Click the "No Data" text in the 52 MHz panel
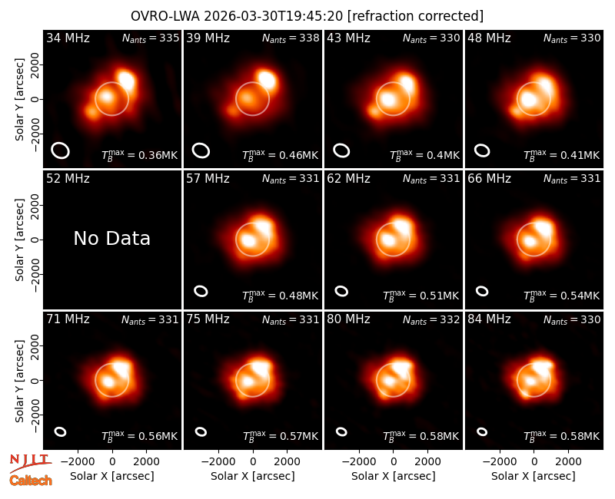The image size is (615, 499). pos(111,238)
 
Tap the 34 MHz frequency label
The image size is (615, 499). pos(68,38)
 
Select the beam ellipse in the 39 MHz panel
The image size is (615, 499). pos(201,150)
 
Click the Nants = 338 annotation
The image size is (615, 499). pos(291,38)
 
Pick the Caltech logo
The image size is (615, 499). pos(31,481)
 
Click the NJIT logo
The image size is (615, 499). pos(30,462)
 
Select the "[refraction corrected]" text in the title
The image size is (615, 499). pos(415,16)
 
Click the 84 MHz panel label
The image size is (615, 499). pos(489,319)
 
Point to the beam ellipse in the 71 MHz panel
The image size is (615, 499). pos(61,431)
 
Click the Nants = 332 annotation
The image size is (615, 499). pos(431,319)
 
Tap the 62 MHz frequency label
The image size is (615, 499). pos(349,179)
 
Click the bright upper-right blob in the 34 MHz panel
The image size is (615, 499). pos(126,81)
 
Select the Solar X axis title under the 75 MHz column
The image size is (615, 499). pos(253,476)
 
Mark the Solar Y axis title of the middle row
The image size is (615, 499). pos(20,240)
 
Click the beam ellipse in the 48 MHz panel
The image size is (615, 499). pos(482,150)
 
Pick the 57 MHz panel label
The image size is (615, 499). pos(208,179)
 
